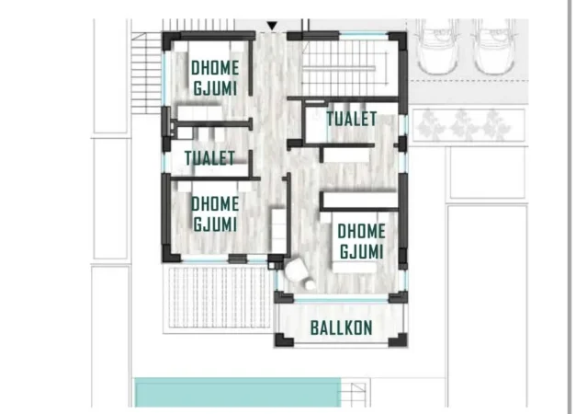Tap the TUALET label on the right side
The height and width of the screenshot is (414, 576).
coord(352,119)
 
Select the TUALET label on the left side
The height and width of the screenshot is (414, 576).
coord(209,158)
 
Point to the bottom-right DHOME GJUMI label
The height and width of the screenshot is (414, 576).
coord(361,241)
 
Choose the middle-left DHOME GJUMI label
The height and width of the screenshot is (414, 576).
coord(215,213)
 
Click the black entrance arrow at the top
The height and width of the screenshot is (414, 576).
coord(271,26)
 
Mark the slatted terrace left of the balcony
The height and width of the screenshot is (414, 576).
coord(218,299)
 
